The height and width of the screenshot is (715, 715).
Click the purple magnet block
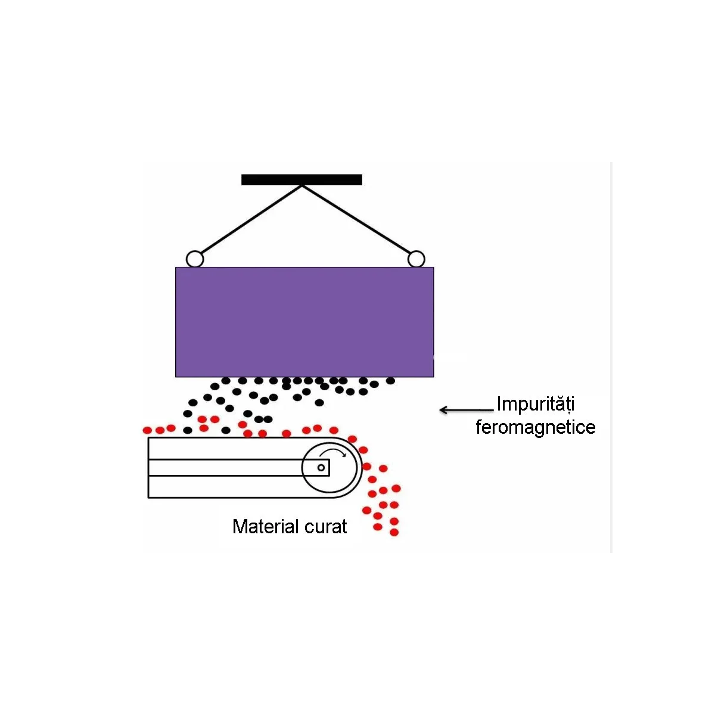pos(304,322)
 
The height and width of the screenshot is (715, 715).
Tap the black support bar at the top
pos(301,179)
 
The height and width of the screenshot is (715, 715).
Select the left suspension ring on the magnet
pos(195,259)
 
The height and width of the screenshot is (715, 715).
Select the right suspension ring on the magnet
pos(416,259)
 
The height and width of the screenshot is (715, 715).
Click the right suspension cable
pos(356,219)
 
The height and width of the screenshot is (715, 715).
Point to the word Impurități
pos(536,404)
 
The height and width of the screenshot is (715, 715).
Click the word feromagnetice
pos(536,427)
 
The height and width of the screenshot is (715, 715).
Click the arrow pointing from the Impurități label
pos(467,410)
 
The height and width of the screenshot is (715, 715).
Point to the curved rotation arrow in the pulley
pos(333,452)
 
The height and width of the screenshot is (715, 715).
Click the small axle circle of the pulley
pos(321,468)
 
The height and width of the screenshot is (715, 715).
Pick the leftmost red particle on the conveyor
pos(147,430)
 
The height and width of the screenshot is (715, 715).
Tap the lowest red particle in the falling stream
pos(394,533)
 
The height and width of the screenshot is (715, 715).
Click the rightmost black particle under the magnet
pos(390,381)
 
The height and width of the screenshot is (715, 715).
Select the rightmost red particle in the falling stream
pos(396,489)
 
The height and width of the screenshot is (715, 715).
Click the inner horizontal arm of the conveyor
pos(238,468)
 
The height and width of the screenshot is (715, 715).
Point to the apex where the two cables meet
pos(302,185)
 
